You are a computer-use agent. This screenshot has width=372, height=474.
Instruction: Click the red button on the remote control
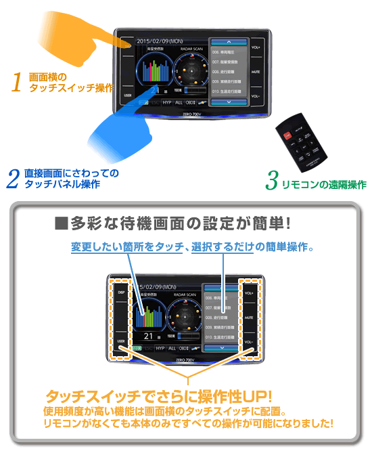pyautogui.click(x=287, y=135)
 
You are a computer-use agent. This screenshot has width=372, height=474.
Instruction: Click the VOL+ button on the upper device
pyautogui.click(x=256, y=49)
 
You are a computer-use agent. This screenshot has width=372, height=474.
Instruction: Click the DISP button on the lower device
pyautogui.click(x=122, y=293)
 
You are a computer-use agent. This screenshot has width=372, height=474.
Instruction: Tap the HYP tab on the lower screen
pyautogui.click(x=160, y=348)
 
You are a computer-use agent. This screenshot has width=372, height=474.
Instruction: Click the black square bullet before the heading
pyautogui.click(x=58, y=223)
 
